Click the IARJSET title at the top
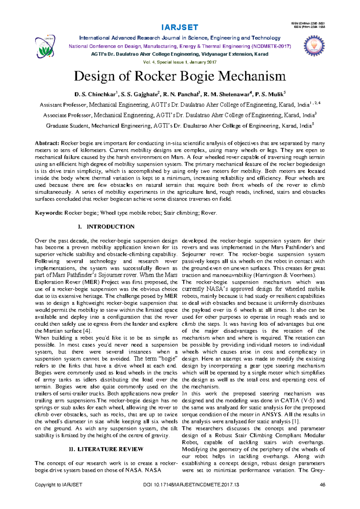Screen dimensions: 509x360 coord(180,28)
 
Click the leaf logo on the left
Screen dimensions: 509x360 coord(45,47)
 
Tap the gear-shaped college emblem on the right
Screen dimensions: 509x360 coord(314,46)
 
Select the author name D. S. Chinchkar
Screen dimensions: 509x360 coord(96,95)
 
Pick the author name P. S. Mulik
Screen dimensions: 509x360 coord(270,95)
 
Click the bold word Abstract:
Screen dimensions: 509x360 coord(47,143)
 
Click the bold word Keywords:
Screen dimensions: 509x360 coord(49,213)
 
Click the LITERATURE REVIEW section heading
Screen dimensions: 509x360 coord(110,449)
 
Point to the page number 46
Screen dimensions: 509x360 coord(322,485)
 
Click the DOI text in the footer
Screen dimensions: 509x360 coord(191,485)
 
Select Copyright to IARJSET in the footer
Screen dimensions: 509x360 coord(58,485)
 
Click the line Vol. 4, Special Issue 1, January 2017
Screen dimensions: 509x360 coord(180,62)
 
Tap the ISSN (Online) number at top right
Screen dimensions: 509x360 coord(308,23)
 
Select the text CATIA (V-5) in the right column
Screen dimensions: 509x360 coord(298,401)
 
